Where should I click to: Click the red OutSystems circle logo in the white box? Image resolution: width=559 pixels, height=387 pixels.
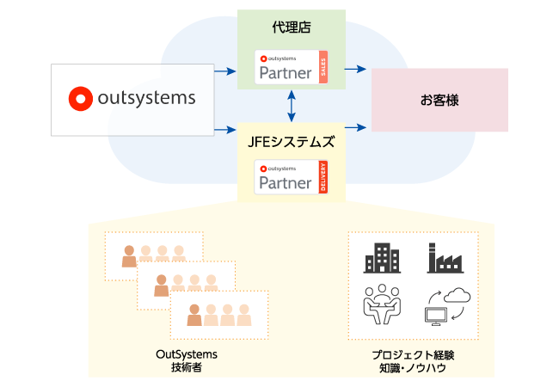[x=80, y=98]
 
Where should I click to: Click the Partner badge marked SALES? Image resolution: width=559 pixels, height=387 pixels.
[x=291, y=68]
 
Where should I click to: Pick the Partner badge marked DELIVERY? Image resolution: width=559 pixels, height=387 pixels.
[x=291, y=177]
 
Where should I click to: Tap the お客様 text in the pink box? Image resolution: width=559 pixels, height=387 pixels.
[x=439, y=101]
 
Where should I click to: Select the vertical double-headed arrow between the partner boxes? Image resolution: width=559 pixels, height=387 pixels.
[x=292, y=105]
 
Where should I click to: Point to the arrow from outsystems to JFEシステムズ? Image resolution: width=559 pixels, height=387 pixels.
[x=225, y=129]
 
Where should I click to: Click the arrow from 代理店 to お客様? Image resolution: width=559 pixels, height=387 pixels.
[x=356, y=70]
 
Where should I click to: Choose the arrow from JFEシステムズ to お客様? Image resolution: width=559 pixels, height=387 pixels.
[x=356, y=127]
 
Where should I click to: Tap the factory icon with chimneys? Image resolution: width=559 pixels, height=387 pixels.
[x=445, y=258]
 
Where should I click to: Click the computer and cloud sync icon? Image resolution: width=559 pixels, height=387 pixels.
[x=447, y=306]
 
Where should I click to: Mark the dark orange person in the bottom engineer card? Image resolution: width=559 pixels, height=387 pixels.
[x=194, y=315]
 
